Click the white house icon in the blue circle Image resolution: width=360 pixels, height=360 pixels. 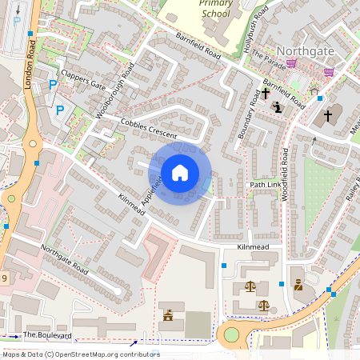pos(180,172)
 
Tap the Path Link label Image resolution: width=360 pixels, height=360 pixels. pos(266,185)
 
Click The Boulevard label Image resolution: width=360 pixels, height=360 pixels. pos(47,334)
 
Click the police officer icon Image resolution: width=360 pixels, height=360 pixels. pos(298,284)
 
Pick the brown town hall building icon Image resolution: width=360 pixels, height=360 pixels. pos(169,316)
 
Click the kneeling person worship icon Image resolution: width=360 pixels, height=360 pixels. pos(278,106)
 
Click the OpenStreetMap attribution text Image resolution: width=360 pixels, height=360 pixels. pos(80,354)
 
